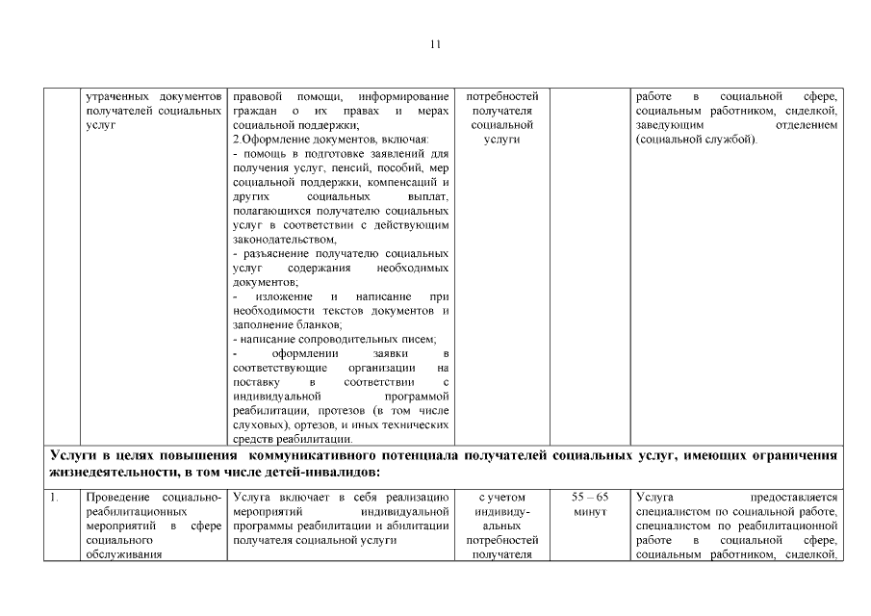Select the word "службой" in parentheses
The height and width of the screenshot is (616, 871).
(x=730, y=140)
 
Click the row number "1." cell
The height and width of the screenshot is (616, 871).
(x=56, y=497)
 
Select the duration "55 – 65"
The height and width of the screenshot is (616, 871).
(x=590, y=497)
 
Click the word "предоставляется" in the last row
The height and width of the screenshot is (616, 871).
(x=802, y=497)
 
